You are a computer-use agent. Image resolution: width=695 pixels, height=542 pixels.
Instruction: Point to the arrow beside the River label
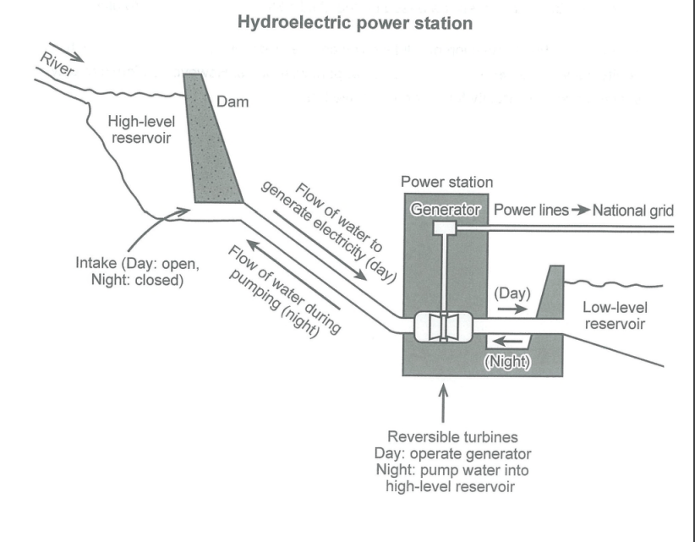click(73, 56)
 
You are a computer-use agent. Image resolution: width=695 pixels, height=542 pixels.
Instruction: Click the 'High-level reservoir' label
click(139, 130)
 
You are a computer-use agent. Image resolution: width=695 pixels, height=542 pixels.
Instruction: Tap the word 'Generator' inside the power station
click(445, 208)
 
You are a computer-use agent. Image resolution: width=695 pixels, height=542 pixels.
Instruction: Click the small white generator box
click(444, 227)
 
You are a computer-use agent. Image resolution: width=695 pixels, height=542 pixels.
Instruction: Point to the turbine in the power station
click(443, 326)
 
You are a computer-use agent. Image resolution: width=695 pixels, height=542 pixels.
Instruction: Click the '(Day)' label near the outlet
click(512, 293)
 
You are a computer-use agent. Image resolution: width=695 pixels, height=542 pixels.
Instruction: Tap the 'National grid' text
click(632, 208)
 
